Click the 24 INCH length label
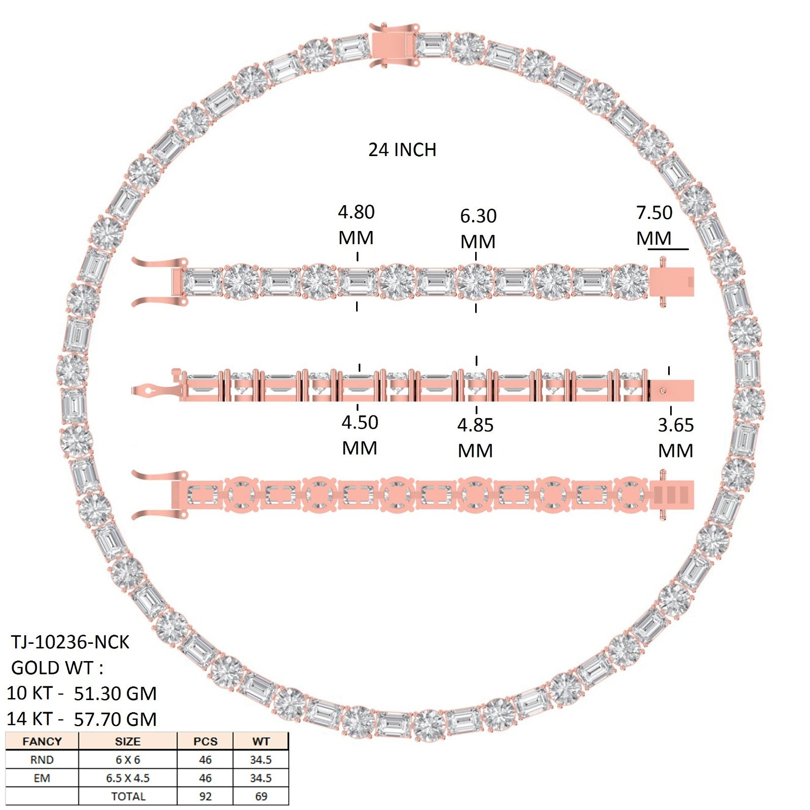pos(402,150)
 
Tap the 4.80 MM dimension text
pos(356,224)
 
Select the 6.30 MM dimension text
pos(478,228)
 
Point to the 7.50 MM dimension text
pos(654,225)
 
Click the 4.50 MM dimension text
pos(360,435)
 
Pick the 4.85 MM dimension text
pos(475,438)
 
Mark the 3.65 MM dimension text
pos(676,438)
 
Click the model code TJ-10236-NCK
pos(70,642)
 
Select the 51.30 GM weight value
pos(115,693)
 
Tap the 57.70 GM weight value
pos(115,719)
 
